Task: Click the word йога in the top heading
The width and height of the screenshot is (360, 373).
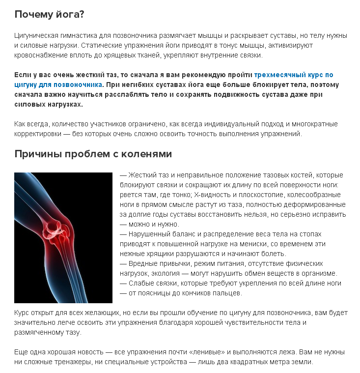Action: pyautogui.click(x=70, y=14)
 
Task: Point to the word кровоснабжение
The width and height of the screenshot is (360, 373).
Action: pyautogui.click(x=40, y=55)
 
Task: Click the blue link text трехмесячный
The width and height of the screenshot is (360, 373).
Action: pyautogui.click(x=279, y=75)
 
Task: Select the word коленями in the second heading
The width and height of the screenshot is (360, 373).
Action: pyautogui.click(x=148, y=154)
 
